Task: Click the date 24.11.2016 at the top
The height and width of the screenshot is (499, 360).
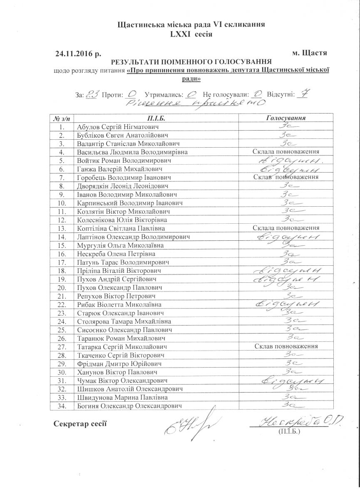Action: tap(79, 53)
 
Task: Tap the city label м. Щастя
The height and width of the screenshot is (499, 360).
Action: tap(310, 53)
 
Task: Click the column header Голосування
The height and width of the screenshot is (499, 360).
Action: tap(286, 118)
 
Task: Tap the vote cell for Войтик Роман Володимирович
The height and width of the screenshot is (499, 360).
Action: tap(286, 161)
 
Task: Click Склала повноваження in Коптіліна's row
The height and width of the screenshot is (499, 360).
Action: tap(286, 228)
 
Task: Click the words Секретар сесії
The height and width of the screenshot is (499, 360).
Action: tap(80, 423)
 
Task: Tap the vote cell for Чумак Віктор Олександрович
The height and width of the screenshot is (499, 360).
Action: tap(286, 380)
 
